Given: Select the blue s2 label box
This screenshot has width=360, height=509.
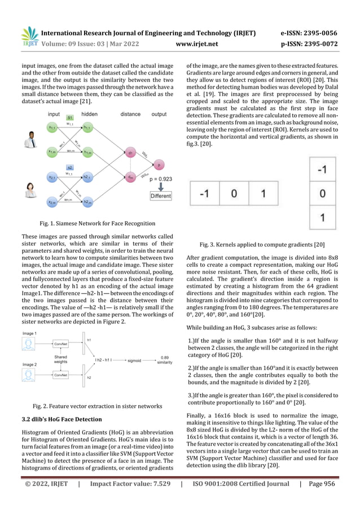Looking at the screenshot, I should [69, 168].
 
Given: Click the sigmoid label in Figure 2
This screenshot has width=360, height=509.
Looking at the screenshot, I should [134, 359].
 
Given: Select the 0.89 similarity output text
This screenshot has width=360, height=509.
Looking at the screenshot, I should [165, 360].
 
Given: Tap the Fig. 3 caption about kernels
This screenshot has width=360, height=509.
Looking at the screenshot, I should [262, 244].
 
